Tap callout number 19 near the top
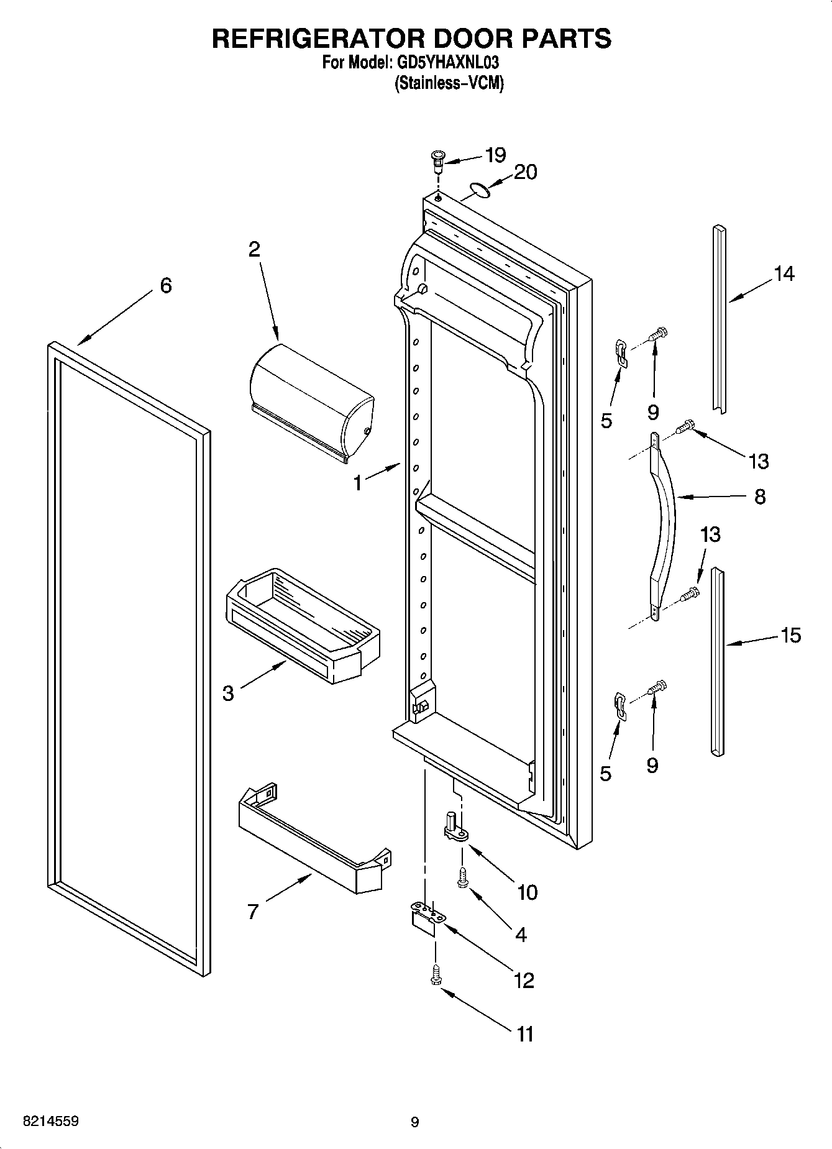point(495,155)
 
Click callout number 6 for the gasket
point(165,286)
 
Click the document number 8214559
point(50,1122)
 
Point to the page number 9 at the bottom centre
point(415,1122)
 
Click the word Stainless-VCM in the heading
point(449,83)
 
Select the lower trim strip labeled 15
point(718,662)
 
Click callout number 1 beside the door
point(357,482)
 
